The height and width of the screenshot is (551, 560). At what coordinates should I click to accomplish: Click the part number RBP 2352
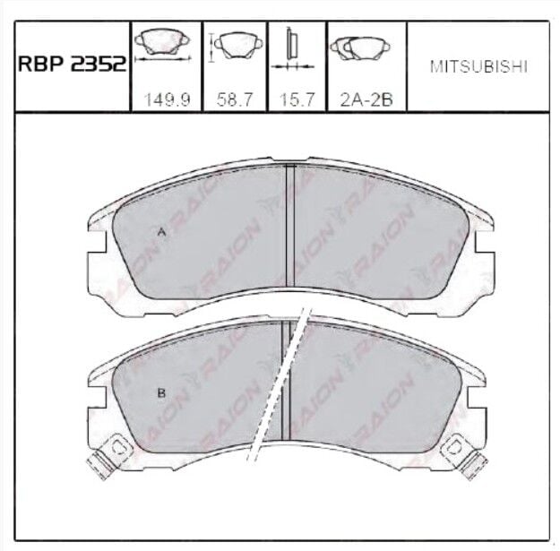click(73, 65)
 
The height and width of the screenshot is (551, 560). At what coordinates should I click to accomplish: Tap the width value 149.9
click(167, 99)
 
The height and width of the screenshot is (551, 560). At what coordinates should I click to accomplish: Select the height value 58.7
click(235, 99)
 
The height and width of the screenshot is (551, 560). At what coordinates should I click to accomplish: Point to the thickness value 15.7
click(297, 99)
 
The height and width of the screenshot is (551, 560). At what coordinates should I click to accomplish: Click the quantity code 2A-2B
click(366, 99)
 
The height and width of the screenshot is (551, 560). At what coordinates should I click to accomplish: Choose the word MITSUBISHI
click(478, 67)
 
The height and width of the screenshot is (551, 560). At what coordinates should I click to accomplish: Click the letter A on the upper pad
click(162, 233)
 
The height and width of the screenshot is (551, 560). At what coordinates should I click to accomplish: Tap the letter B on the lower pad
click(161, 393)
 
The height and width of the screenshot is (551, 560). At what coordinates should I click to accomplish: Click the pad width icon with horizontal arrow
click(163, 46)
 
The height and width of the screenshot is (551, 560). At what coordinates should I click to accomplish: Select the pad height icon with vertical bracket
click(236, 47)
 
